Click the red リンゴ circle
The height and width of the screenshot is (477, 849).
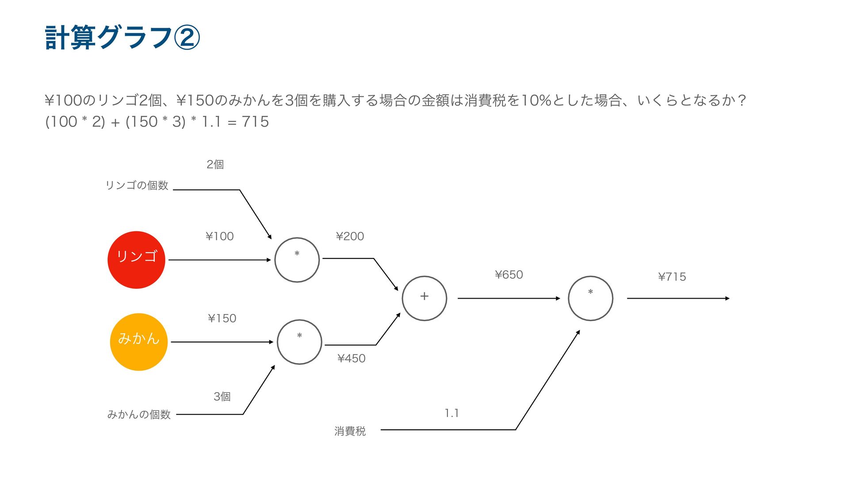(x=136, y=260)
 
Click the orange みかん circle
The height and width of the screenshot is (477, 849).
(x=139, y=342)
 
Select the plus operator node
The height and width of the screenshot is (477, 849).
(x=424, y=298)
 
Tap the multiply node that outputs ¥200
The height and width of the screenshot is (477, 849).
(x=297, y=260)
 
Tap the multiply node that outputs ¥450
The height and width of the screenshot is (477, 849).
(x=299, y=342)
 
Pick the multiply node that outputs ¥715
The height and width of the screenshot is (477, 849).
(x=590, y=298)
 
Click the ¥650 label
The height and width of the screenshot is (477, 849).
(x=509, y=275)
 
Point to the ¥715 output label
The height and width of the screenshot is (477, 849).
(x=672, y=277)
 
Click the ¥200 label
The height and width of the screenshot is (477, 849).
(x=350, y=236)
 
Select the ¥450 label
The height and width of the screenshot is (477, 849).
(x=352, y=358)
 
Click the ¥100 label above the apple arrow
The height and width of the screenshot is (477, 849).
(x=220, y=236)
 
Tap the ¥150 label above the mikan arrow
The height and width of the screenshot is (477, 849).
(x=222, y=318)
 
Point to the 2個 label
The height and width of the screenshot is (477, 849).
(x=215, y=164)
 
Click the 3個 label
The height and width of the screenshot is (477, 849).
(x=222, y=397)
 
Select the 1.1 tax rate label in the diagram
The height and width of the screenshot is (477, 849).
(x=451, y=413)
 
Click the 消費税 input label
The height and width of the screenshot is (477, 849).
(x=350, y=431)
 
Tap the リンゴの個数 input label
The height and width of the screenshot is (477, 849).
(x=137, y=185)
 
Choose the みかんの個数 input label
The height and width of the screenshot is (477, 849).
(x=139, y=414)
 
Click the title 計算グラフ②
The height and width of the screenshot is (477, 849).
(x=122, y=38)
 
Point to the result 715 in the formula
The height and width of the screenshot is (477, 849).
(x=255, y=121)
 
